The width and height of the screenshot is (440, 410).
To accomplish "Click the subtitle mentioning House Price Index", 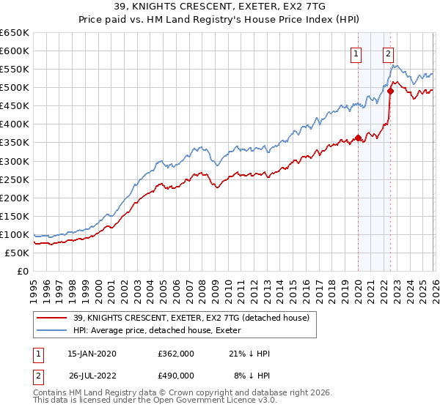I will pos(219,20).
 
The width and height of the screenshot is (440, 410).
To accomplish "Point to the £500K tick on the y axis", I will pos(15,88).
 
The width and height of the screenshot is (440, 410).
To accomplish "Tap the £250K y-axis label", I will pos(15,179).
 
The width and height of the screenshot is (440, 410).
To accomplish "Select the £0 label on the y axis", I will pos(22,271).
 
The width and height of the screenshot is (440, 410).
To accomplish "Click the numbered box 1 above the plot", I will pos(356,53).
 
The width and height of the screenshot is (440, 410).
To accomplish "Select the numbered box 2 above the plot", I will pos(388,53).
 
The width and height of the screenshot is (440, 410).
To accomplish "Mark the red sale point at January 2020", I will pos(358,138).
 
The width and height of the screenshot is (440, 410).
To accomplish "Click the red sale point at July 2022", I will pos(390,91).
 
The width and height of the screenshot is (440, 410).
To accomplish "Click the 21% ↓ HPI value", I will pos(249,354).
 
